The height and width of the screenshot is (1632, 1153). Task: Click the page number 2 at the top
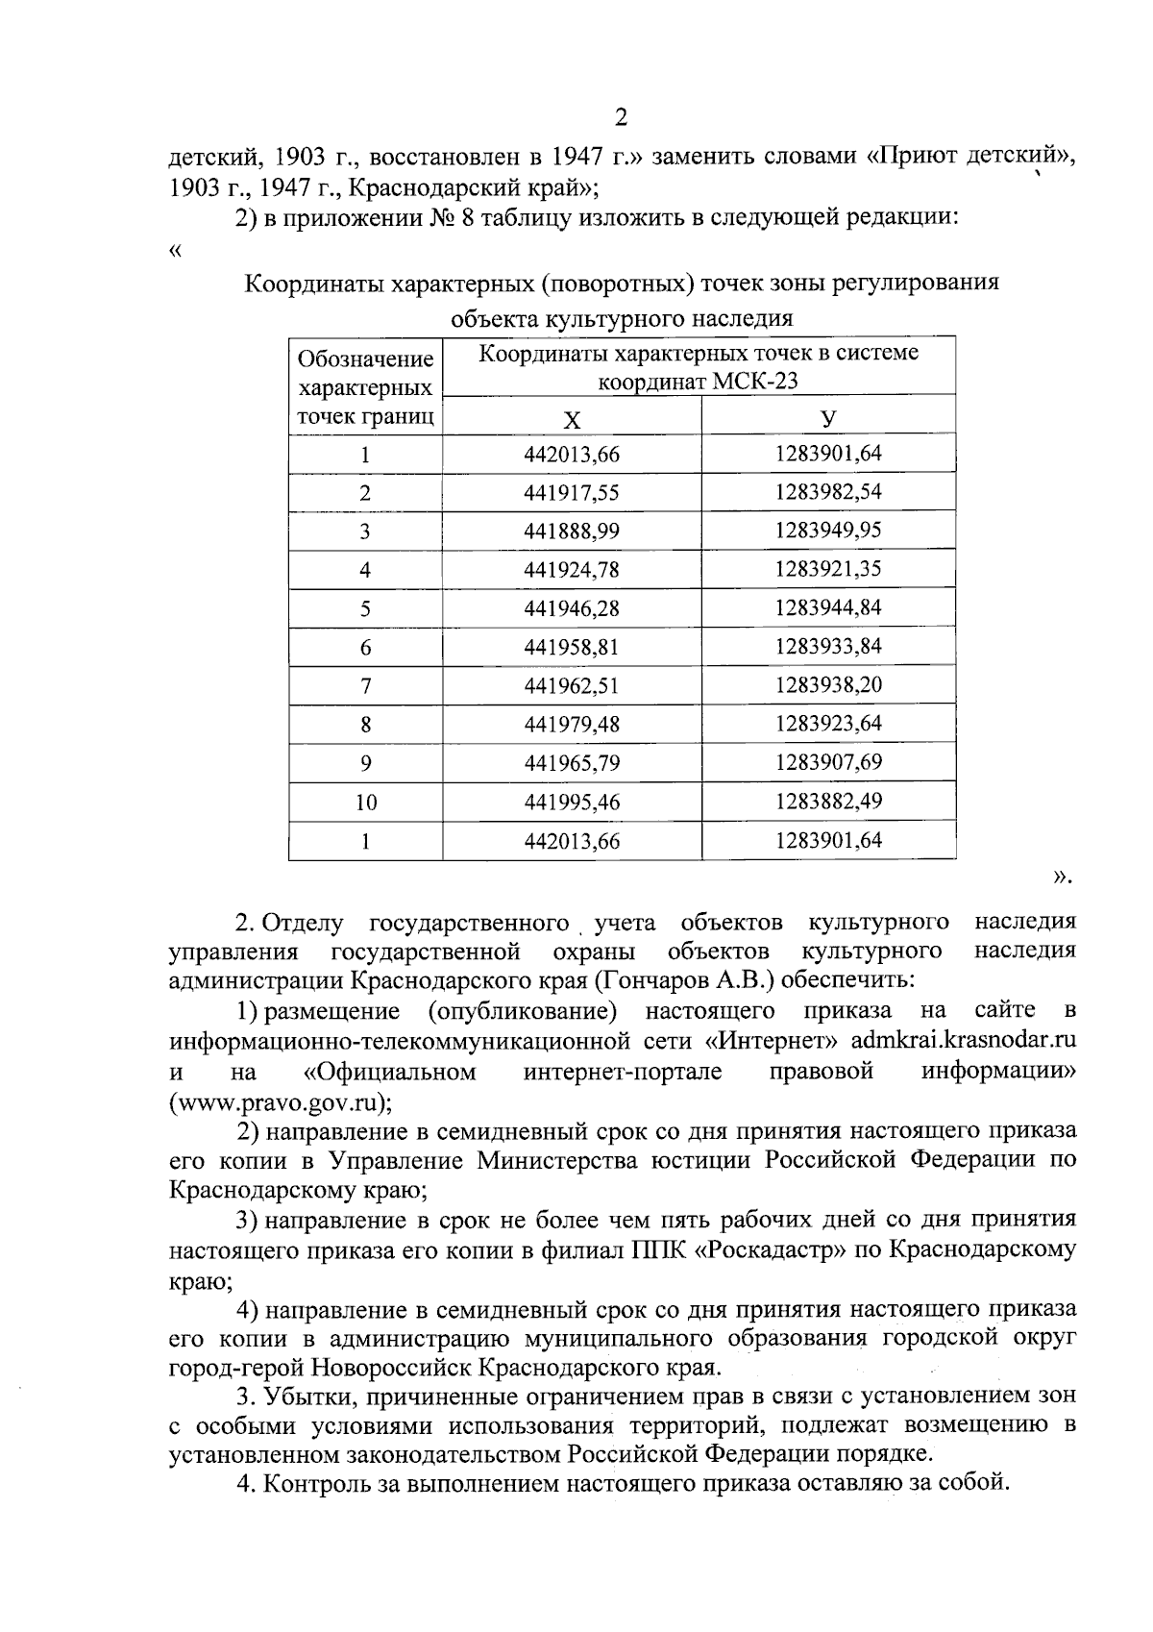pos(620,117)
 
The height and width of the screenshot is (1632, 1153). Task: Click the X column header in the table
pos(572,419)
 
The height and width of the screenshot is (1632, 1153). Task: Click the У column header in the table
pos(828,418)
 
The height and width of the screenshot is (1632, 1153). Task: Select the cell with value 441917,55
pos(572,493)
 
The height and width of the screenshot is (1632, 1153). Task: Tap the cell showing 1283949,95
pos(828,531)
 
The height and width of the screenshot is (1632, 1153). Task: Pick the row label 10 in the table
pos(365,803)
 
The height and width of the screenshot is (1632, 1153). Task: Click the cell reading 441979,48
pos(572,724)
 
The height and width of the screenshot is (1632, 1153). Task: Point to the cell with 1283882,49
pos(828,801)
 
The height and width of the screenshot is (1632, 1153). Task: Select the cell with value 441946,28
pos(572,608)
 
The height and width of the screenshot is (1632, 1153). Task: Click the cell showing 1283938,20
pos(828,684)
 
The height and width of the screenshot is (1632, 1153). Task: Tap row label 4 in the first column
pos(365,570)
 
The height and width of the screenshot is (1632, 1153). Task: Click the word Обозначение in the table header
pos(365,359)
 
